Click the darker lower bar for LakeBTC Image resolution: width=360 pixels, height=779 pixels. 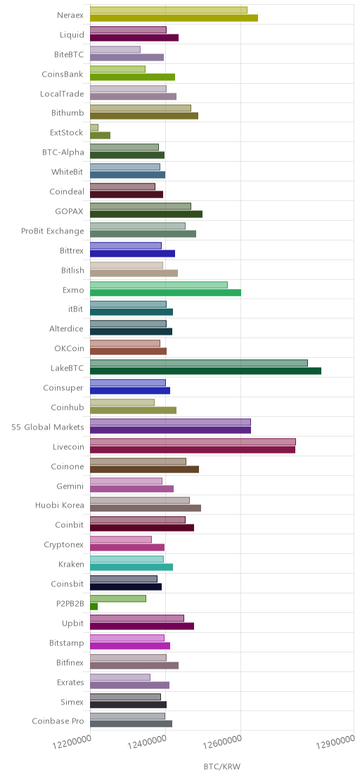point(205,371)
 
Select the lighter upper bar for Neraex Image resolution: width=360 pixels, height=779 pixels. point(169,11)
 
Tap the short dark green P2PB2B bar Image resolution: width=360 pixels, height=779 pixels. point(94,606)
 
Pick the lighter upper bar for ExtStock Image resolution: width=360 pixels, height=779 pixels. point(94,128)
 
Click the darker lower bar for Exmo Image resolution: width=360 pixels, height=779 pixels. point(165,292)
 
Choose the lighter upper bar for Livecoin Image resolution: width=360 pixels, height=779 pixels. point(193,442)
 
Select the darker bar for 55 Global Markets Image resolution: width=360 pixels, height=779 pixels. point(170,430)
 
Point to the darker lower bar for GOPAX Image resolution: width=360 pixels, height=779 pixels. point(146,214)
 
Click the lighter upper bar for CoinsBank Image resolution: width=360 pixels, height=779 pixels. point(117,69)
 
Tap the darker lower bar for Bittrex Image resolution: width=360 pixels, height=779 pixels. point(133,253)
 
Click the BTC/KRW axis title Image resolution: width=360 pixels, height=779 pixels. point(222,767)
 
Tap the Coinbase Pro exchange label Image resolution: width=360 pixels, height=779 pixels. point(58,721)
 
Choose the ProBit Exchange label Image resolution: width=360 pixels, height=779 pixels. point(53,231)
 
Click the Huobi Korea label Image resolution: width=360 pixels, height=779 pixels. point(60,506)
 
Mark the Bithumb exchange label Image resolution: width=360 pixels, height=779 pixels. point(67,112)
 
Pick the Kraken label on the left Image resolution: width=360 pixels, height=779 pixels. point(71,564)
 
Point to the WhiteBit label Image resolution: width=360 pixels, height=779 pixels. point(67,172)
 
